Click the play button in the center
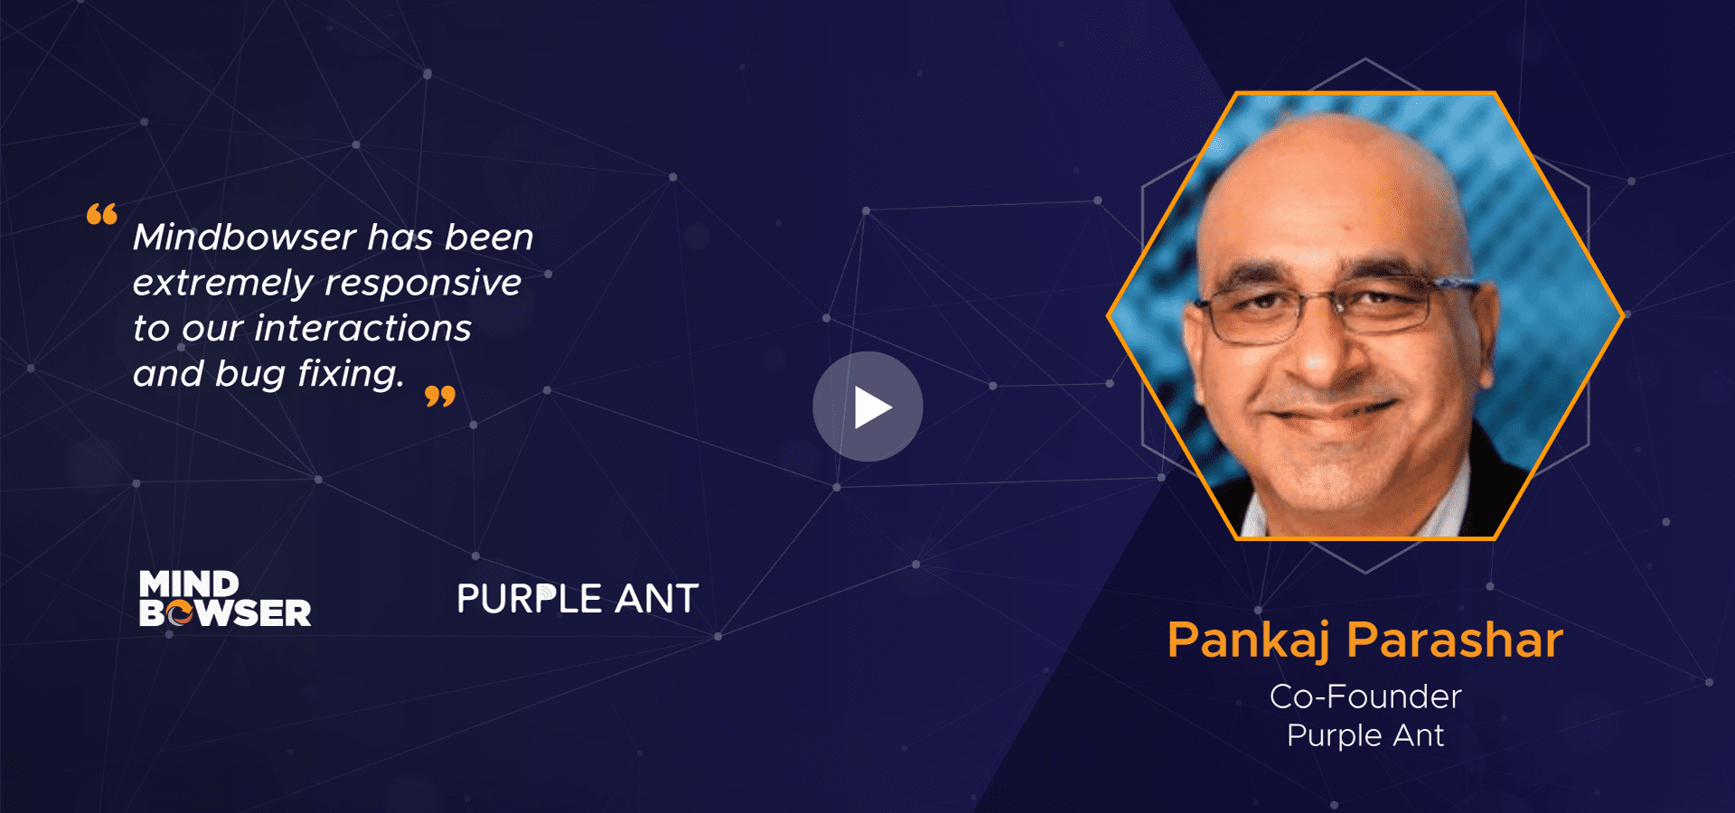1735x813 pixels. tap(867, 406)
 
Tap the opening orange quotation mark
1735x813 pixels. tap(102, 214)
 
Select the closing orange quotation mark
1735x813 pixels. tap(440, 396)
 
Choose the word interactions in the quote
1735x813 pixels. tap(362, 329)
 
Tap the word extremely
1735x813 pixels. tap(222, 284)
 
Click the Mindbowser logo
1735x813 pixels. tap(225, 598)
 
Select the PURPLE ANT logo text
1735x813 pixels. tap(577, 599)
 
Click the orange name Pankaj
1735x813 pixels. tap(1248, 640)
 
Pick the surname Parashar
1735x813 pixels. tap(1455, 640)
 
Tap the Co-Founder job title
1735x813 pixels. tap(1365, 696)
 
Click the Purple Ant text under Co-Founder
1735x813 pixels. tap(1365, 735)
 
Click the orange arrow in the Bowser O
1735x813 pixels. tap(181, 614)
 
